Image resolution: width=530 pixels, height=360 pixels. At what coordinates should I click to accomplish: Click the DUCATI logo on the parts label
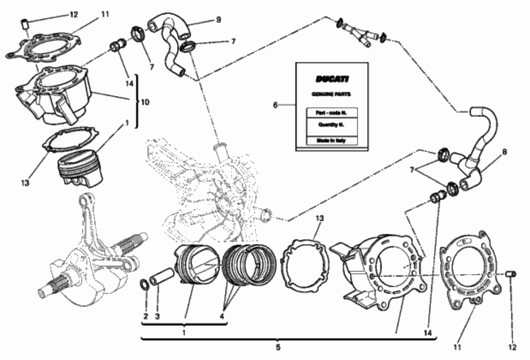point(332,79)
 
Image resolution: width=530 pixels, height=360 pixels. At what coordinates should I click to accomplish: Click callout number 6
point(275,105)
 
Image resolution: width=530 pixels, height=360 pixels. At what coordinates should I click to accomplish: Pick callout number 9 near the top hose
point(219,20)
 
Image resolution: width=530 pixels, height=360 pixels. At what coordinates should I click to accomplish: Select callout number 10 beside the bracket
point(145,102)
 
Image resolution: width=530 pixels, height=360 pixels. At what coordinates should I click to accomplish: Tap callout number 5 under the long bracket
point(277,348)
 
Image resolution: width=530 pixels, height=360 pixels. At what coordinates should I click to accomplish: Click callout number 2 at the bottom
point(146,316)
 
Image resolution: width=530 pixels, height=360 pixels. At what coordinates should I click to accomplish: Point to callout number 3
point(158,316)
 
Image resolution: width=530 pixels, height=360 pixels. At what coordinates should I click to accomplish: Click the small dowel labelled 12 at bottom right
point(510,273)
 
